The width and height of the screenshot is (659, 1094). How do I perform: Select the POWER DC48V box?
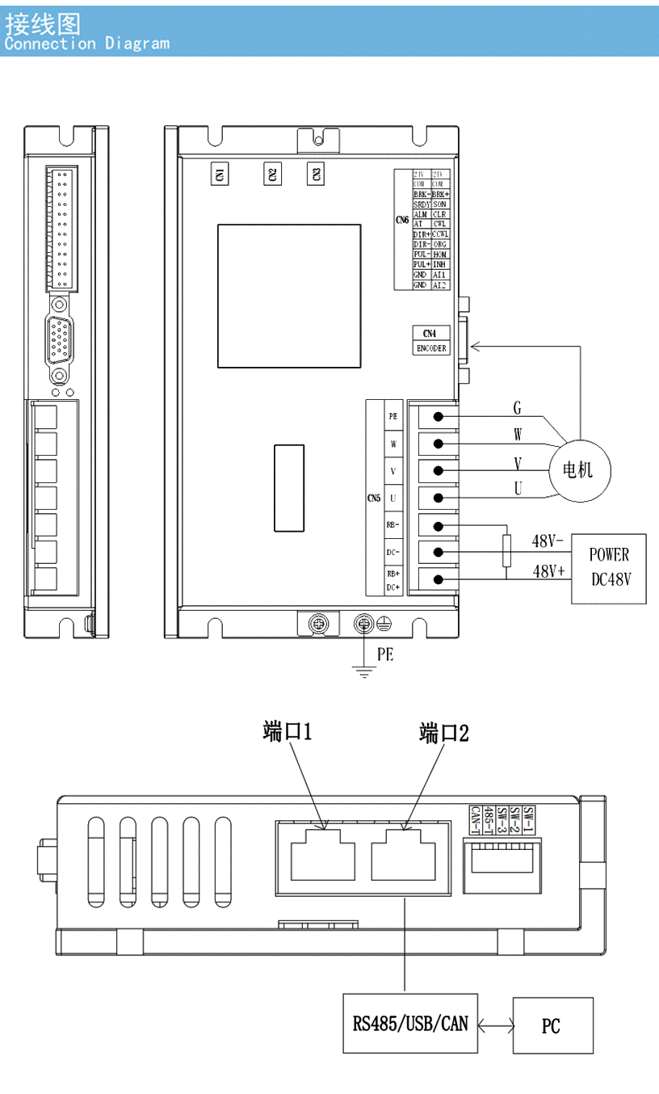(609, 567)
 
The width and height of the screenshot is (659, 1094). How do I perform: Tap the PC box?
(552, 1025)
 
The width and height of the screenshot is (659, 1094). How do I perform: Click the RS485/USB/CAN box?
(410, 1023)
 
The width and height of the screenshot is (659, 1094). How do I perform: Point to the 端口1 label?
(288, 733)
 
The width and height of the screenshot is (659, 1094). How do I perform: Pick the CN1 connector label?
(219, 174)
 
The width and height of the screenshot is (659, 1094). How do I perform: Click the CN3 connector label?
(316, 174)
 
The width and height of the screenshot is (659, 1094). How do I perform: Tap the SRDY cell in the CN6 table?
(421, 204)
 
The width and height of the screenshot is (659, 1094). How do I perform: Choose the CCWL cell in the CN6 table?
(441, 234)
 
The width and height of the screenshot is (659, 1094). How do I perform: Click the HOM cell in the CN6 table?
(441, 255)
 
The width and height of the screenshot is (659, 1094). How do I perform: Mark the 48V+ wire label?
(548, 571)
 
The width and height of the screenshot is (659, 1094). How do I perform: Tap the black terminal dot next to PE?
(439, 417)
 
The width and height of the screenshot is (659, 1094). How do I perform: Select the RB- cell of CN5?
(392, 525)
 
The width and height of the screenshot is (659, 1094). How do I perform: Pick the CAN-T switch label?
(476, 821)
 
